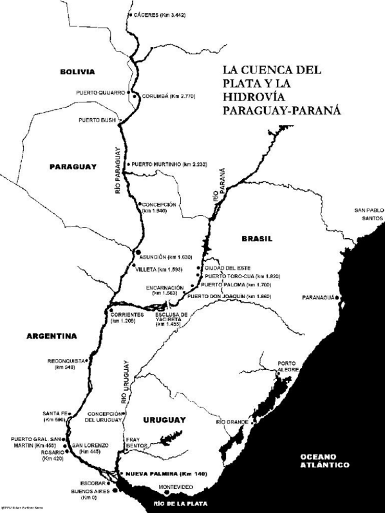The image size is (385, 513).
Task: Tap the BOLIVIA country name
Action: [x=77, y=71]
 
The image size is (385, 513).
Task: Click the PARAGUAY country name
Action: [x=73, y=166]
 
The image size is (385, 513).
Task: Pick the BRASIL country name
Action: [x=257, y=239]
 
